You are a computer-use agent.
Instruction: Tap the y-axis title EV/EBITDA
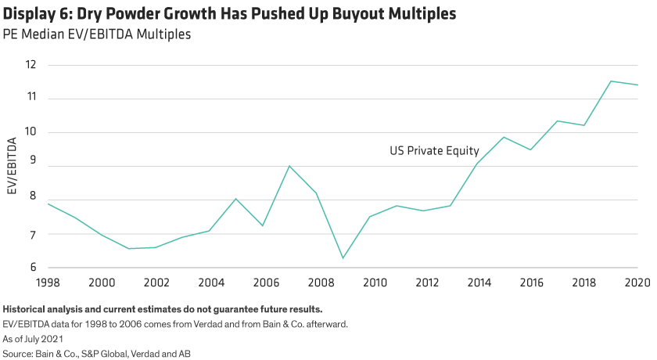click(11, 167)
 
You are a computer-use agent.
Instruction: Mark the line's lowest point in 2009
click(343, 258)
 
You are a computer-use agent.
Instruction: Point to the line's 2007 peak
click(289, 166)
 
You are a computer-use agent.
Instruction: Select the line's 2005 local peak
click(236, 199)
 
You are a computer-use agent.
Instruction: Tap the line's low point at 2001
click(129, 249)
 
